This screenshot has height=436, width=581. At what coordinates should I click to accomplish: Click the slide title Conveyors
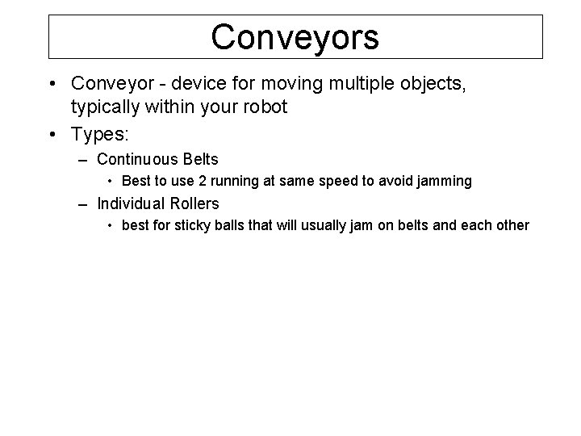tap(295, 37)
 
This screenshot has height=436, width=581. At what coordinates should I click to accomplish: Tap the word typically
tap(104, 107)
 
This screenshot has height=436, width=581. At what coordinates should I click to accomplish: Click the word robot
tap(264, 107)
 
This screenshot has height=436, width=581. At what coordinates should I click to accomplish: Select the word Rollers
tap(194, 203)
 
